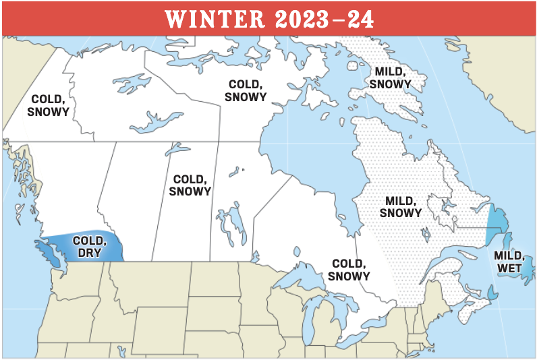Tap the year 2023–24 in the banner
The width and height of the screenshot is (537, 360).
322,19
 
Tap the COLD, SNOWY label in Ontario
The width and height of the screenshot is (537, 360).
349,270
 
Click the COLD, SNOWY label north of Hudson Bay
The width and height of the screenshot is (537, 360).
247,90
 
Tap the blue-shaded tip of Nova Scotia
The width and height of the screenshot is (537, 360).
493,293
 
